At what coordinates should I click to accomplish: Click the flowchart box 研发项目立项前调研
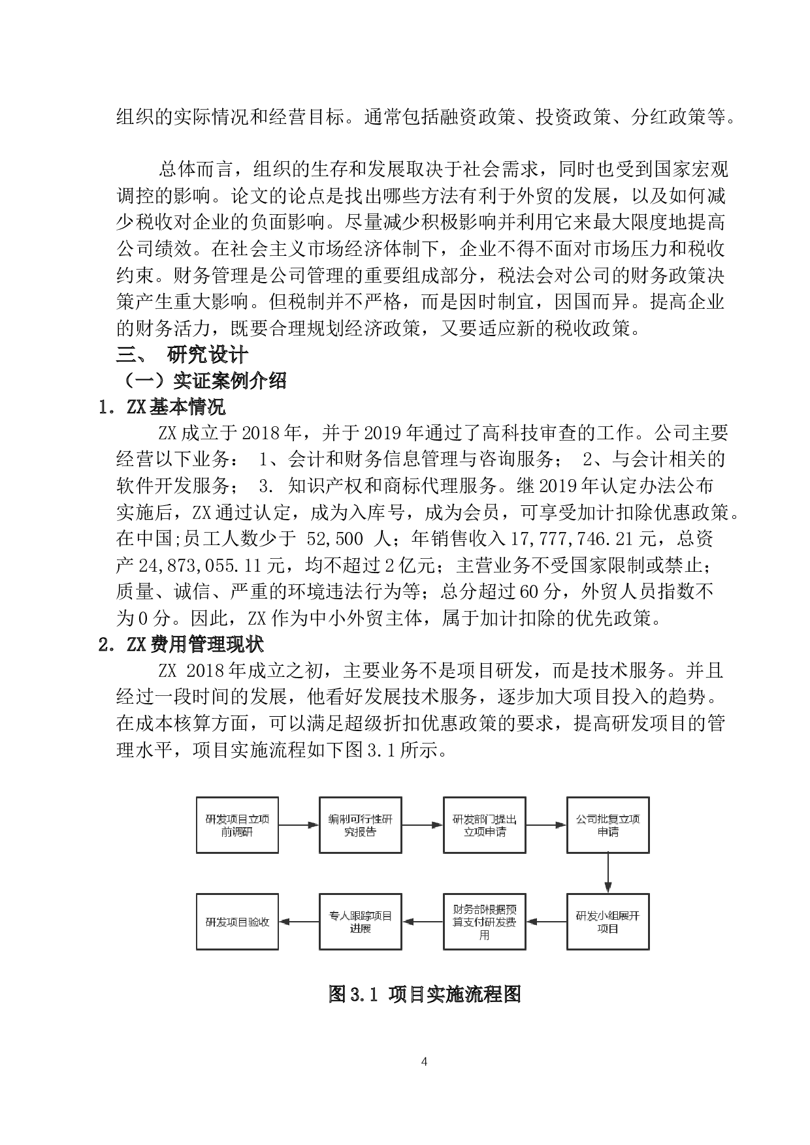(x=237, y=825)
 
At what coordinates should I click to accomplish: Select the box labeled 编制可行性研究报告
(x=361, y=825)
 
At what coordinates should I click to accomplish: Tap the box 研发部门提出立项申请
(x=484, y=825)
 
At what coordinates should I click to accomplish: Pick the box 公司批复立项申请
(x=608, y=825)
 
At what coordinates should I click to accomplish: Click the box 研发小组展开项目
(x=608, y=922)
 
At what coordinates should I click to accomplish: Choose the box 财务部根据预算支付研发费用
(x=484, y=922)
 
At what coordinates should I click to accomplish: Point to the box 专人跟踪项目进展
(x=361, y=922)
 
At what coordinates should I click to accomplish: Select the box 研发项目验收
(x=237, y=922)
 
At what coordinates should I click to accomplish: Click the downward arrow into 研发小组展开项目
(x=608, y=873)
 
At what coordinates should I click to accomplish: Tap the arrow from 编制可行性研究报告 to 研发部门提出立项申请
(x=423, y=825)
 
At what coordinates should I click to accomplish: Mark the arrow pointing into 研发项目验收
(x=299, y=922)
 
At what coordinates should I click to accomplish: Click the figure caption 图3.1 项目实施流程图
(x=425, y=994)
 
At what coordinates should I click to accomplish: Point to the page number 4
(x=425, y=1061)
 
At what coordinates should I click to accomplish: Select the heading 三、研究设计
(x=182, y=355)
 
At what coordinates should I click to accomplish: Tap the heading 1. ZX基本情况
(x=162, y=407)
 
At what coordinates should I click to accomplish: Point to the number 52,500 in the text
(x=330, y=539)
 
